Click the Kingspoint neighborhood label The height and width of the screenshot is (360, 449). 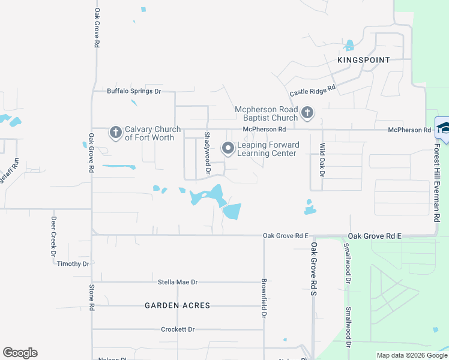point(364,60)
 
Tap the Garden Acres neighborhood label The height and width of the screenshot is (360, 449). point(178,305)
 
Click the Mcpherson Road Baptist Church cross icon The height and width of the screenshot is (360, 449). point(307,112)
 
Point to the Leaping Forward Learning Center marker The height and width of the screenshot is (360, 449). point(228,148)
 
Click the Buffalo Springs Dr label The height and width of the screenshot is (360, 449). point(134,91)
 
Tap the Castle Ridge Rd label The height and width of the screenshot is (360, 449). point(312,91)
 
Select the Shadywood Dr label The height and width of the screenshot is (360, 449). point(207,153)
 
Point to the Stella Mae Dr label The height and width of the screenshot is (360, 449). point(178,281)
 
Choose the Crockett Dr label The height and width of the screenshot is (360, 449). point(178,329)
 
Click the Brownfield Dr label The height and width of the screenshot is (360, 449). point(264,298)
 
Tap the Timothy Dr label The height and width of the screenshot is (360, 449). point(73,264)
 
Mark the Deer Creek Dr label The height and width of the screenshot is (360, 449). point(53,236)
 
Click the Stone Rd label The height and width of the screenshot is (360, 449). point(92,297)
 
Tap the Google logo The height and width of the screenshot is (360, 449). point(20,353)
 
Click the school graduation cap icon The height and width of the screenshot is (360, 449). point(444,127)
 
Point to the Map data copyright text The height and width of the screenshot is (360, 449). point(412,355)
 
